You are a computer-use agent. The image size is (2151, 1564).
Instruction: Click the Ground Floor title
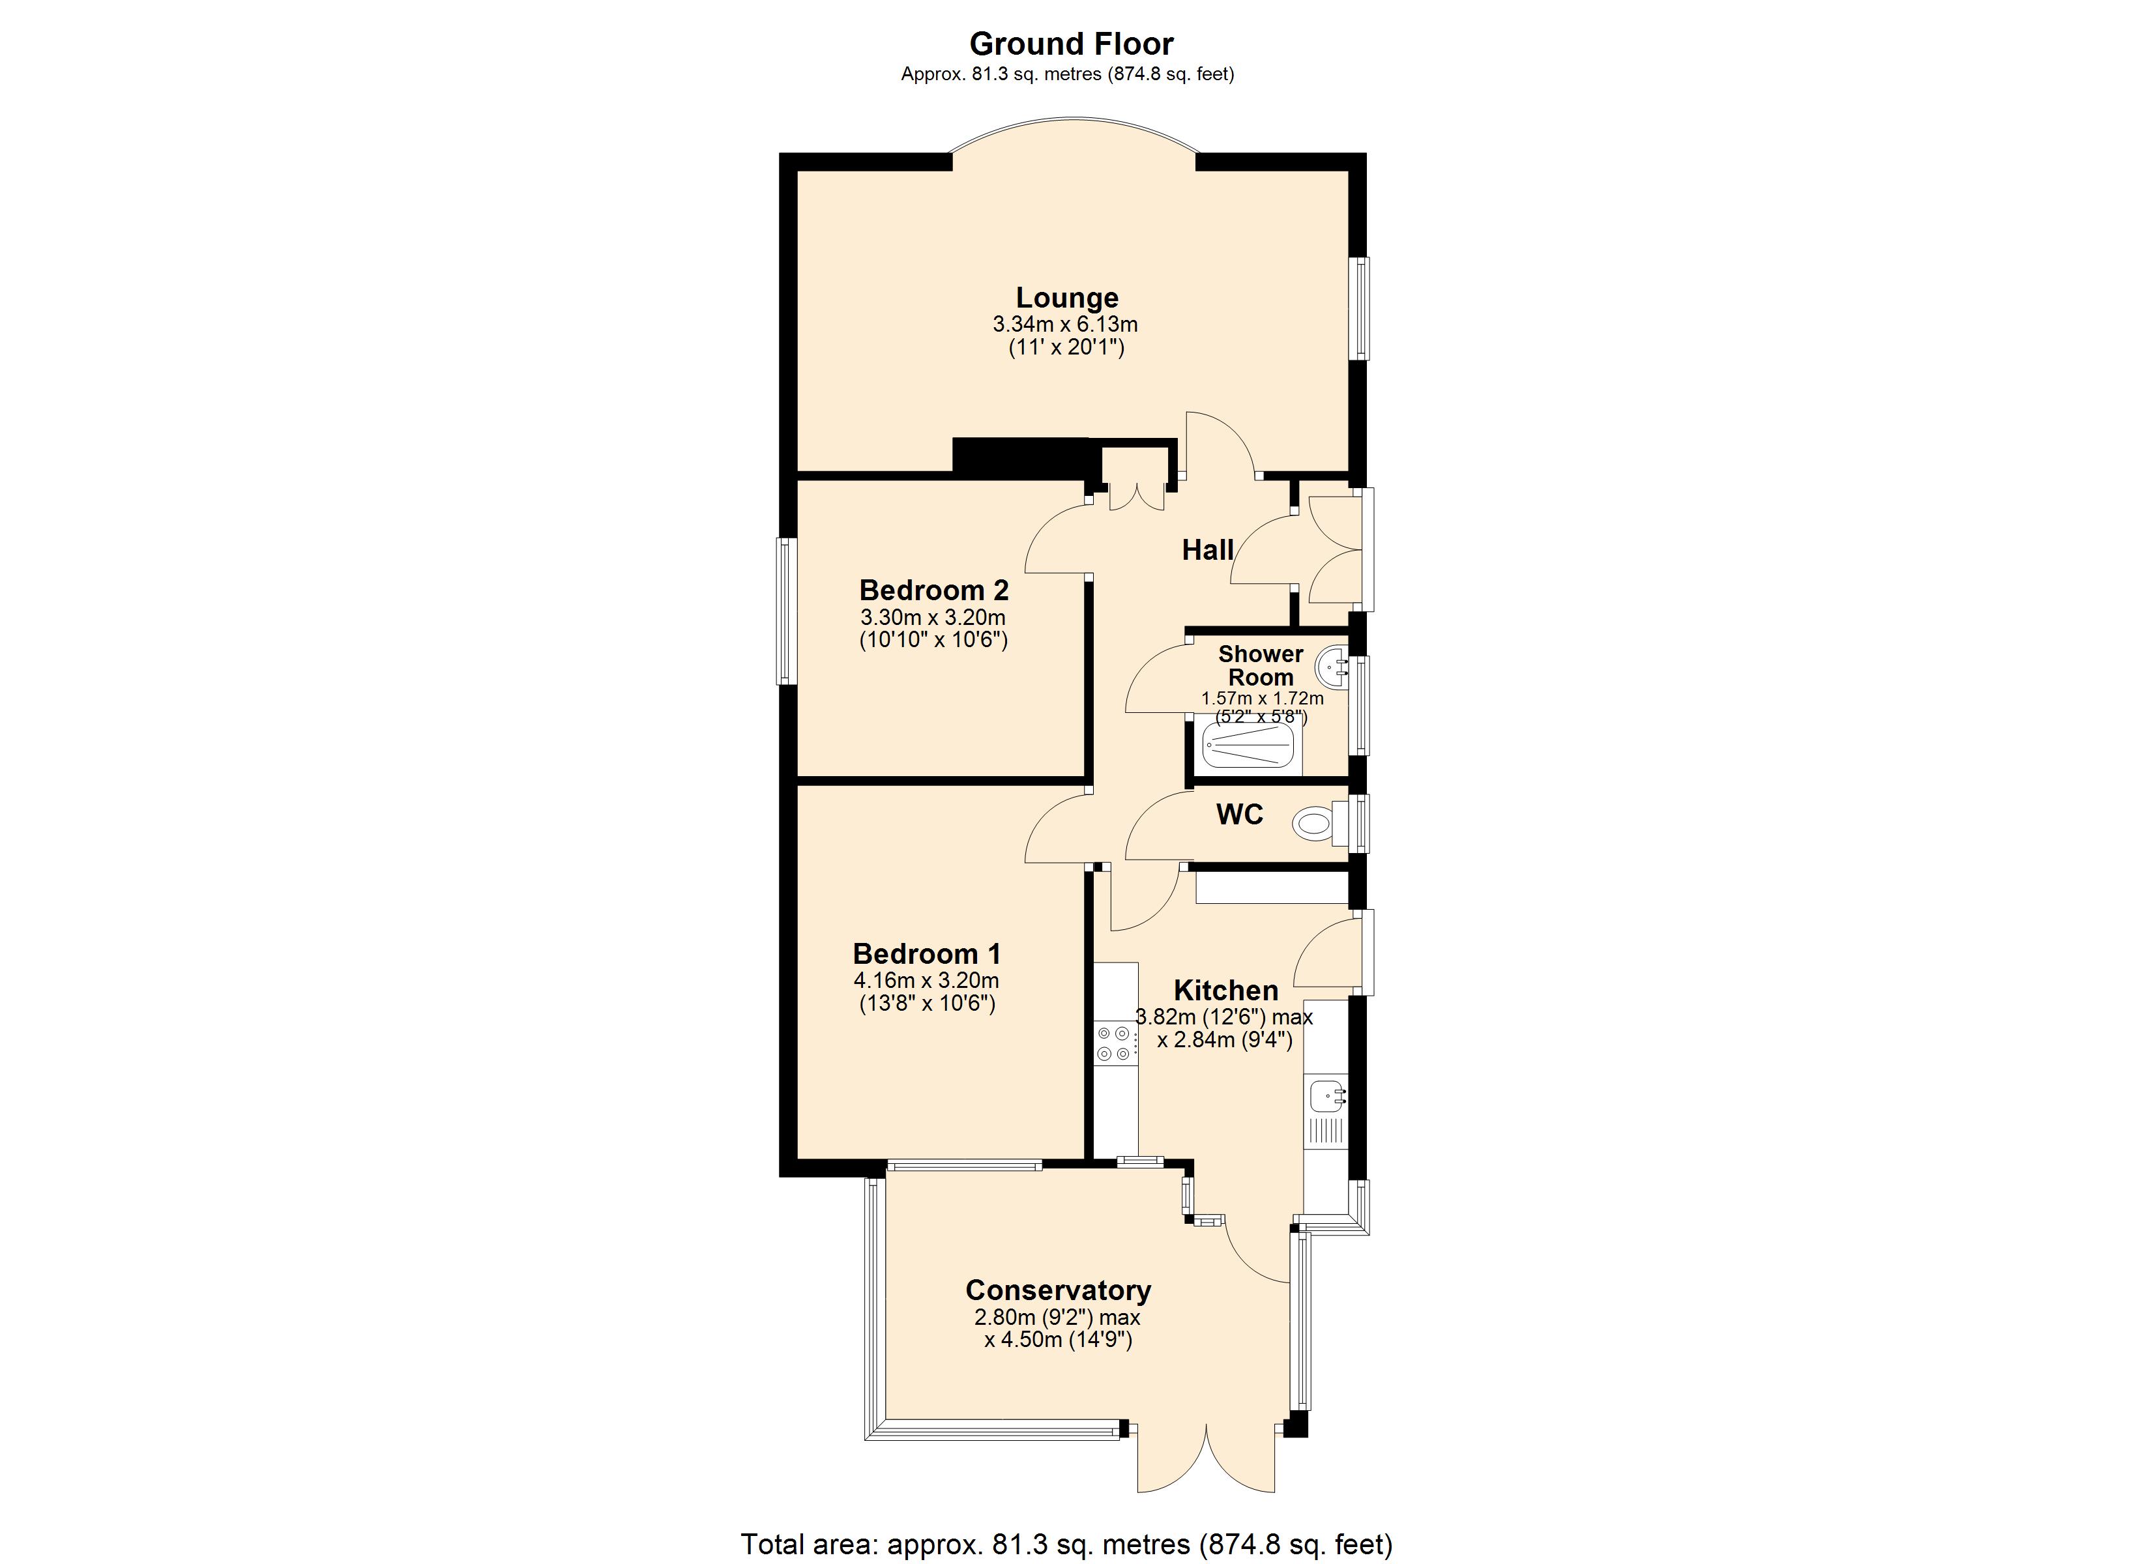click(x=1071, y=44)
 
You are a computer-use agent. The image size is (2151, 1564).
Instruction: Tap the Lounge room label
click(x=1067, y=298)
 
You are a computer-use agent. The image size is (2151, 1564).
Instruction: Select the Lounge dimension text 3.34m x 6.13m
click(x=1065, y=325)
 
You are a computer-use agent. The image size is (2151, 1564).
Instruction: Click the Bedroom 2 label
click(x=933, y=590)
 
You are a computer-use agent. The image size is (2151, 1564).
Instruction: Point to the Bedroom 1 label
click(x=927, y=953)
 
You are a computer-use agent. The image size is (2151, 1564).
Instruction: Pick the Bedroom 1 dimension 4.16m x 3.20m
click(x=926, y=981)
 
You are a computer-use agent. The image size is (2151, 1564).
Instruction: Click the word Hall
click(x=1207, y=550)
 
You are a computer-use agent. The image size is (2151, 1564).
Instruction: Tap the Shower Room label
click(x=1261, y=666)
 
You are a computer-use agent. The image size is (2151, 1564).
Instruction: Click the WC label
click(x=1240, y=815)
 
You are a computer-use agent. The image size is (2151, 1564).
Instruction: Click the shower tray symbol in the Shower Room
click(x=1249, y=749)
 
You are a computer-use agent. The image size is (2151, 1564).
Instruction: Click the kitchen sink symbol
click(x=1325, y=1098)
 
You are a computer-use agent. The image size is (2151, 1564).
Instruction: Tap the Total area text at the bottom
click(x=1066, y=1544)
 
